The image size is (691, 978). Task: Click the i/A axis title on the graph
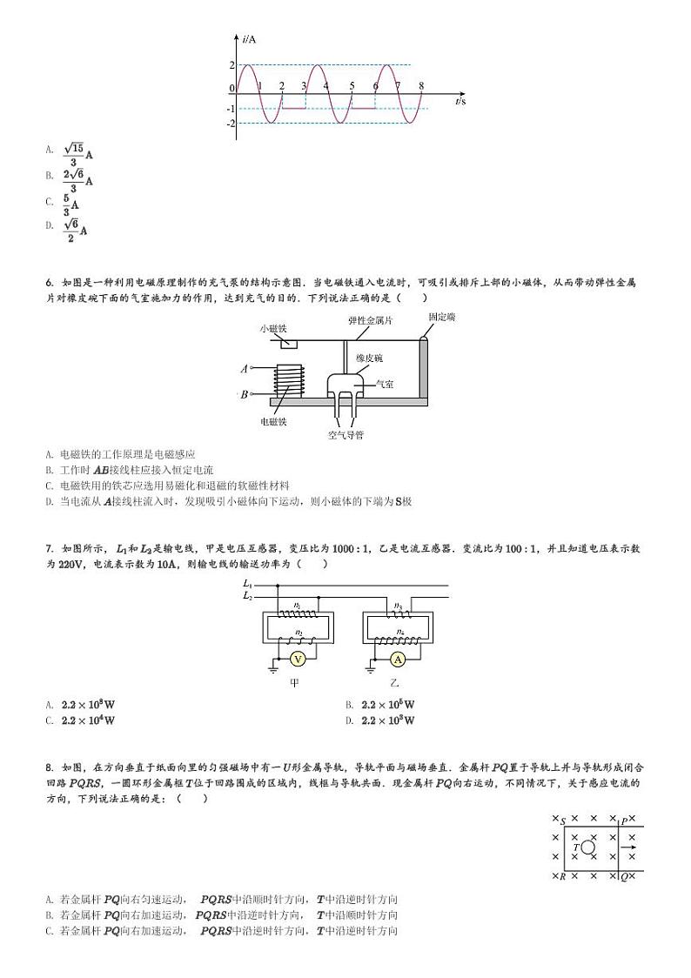250,40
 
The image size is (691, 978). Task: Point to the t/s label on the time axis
460,102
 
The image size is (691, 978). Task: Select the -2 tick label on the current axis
231,124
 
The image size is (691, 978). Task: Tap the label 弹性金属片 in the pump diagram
371,320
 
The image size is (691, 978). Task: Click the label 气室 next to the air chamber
384,384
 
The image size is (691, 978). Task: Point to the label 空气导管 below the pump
345,434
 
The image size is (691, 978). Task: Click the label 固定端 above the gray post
442,318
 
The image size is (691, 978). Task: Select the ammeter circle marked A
399,659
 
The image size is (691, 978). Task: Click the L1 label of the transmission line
247,584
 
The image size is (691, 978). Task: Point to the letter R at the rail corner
563,876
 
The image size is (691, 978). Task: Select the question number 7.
49,548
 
